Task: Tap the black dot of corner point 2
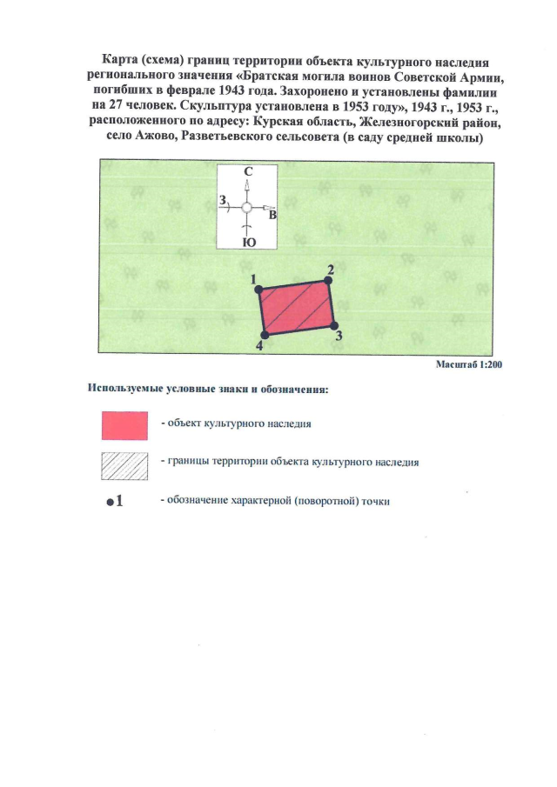click(x=328, y=280)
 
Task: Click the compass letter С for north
click(x=247, y=174)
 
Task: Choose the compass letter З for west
click(x=223, y=202)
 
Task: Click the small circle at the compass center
click(x=247, y=209)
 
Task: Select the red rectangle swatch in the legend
click(x=122, y=425)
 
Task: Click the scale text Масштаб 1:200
click(x=469, y=364)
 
